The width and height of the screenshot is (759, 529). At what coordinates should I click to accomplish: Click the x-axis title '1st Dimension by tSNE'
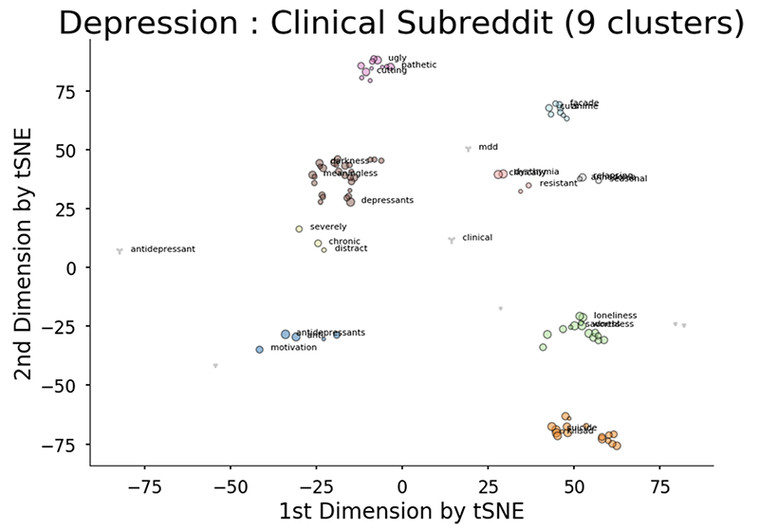coord(401,509)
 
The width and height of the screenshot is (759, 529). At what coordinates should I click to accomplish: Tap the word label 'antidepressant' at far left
coord(162,249)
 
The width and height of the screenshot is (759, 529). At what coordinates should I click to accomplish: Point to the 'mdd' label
coord(488,147)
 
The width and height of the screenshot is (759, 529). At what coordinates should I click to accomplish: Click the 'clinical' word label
coord(476,238)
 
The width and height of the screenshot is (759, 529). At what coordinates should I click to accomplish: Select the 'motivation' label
coord(293,348)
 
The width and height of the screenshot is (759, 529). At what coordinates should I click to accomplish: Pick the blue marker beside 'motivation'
coord(259,350)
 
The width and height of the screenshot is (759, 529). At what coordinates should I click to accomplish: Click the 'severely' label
coord(328,228)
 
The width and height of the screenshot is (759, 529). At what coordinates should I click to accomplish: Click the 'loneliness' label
coord(615,315)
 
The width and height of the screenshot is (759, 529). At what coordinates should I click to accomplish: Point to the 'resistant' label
coord(558,183)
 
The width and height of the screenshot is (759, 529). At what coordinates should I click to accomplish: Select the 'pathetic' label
coord(418,65)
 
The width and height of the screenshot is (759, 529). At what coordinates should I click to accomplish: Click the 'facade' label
coord(584,102)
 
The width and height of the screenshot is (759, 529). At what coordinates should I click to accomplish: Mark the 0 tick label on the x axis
coord(401,483)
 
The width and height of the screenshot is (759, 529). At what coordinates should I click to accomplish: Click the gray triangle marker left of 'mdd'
coord(468,149)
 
